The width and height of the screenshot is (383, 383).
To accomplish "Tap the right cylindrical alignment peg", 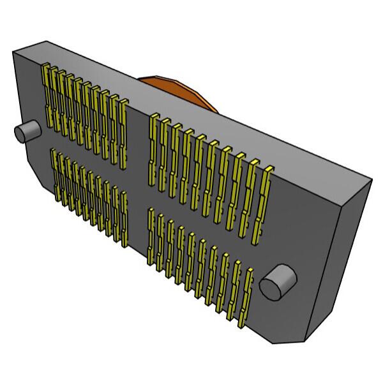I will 278,282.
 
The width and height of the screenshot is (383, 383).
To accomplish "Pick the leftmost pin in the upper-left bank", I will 47,96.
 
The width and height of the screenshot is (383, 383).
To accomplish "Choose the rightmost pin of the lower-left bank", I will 124,217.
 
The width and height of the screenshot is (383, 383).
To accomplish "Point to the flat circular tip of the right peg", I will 271,287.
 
